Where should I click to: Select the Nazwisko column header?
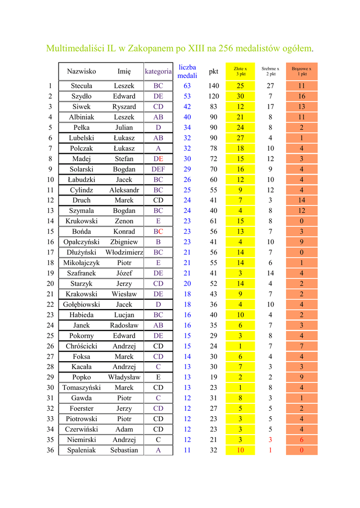81,71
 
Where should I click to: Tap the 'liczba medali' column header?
187,71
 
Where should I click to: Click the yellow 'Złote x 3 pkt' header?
240,71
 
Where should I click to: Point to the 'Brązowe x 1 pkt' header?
301,71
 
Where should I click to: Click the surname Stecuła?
81,86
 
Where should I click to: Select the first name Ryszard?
124,107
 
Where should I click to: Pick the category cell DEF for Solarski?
158,169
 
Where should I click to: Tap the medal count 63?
187,86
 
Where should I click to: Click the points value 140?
214,86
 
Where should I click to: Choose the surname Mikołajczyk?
81,263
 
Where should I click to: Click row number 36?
50,450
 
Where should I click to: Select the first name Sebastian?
124,450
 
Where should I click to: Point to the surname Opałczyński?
81,242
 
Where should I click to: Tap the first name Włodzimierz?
124,253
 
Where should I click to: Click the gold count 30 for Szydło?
240,96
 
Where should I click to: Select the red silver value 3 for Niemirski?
271,440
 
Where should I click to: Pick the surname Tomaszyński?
81,388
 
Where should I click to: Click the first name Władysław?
124,378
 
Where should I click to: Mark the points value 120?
214,96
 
